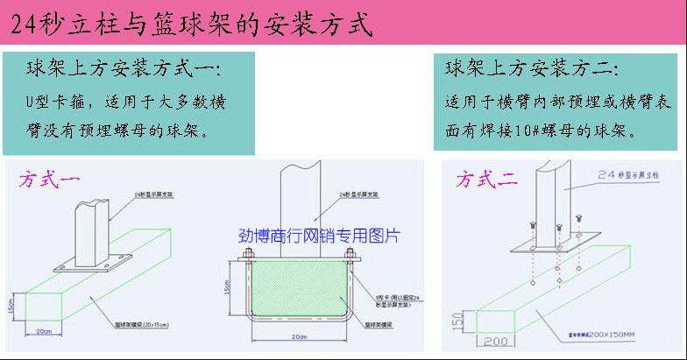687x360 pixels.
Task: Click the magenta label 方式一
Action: click(49, 181)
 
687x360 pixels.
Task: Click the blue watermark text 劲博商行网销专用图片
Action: click(319, 236)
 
